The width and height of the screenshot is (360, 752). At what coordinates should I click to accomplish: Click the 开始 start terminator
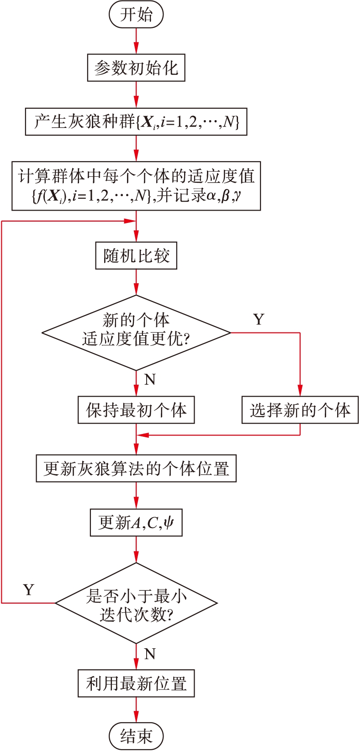(x=136, y=15)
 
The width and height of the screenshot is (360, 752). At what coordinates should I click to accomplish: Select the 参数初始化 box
(x=136, y=68)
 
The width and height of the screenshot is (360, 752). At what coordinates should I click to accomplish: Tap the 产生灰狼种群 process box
(x=136, y=122)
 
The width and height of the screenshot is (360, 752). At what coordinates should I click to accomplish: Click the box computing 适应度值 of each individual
(x=136, y=185)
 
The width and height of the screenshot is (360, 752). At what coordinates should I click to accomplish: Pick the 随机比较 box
(x=136, y=256)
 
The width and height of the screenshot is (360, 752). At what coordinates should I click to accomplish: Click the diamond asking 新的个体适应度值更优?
(x=136, y=333)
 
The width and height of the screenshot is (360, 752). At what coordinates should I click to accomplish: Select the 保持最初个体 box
(x=136, y=410)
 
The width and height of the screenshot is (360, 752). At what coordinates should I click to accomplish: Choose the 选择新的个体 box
(x=300, y=410)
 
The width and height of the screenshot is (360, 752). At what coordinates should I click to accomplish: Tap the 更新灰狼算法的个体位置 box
(x=136, y=468)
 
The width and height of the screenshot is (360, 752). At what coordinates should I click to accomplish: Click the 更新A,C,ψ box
(x=136, y=522)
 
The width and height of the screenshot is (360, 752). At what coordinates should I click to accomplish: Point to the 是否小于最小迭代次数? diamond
(x=136, y=603)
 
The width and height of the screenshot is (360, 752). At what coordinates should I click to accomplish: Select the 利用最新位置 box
(x=136, y=683)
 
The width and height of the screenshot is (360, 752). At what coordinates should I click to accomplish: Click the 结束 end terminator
(x=136, y=736)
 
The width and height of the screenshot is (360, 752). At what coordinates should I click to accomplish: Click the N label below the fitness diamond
(x=150, y=380)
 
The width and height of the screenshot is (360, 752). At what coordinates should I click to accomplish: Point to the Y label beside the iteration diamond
(x=29, y=590)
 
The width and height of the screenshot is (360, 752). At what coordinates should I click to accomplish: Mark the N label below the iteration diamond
(x=150, y=654)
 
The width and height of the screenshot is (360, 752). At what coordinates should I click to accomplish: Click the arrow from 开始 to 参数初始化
(x=136, y=41)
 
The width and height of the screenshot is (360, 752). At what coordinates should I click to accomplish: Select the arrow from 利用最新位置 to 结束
(x=136, y=710)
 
